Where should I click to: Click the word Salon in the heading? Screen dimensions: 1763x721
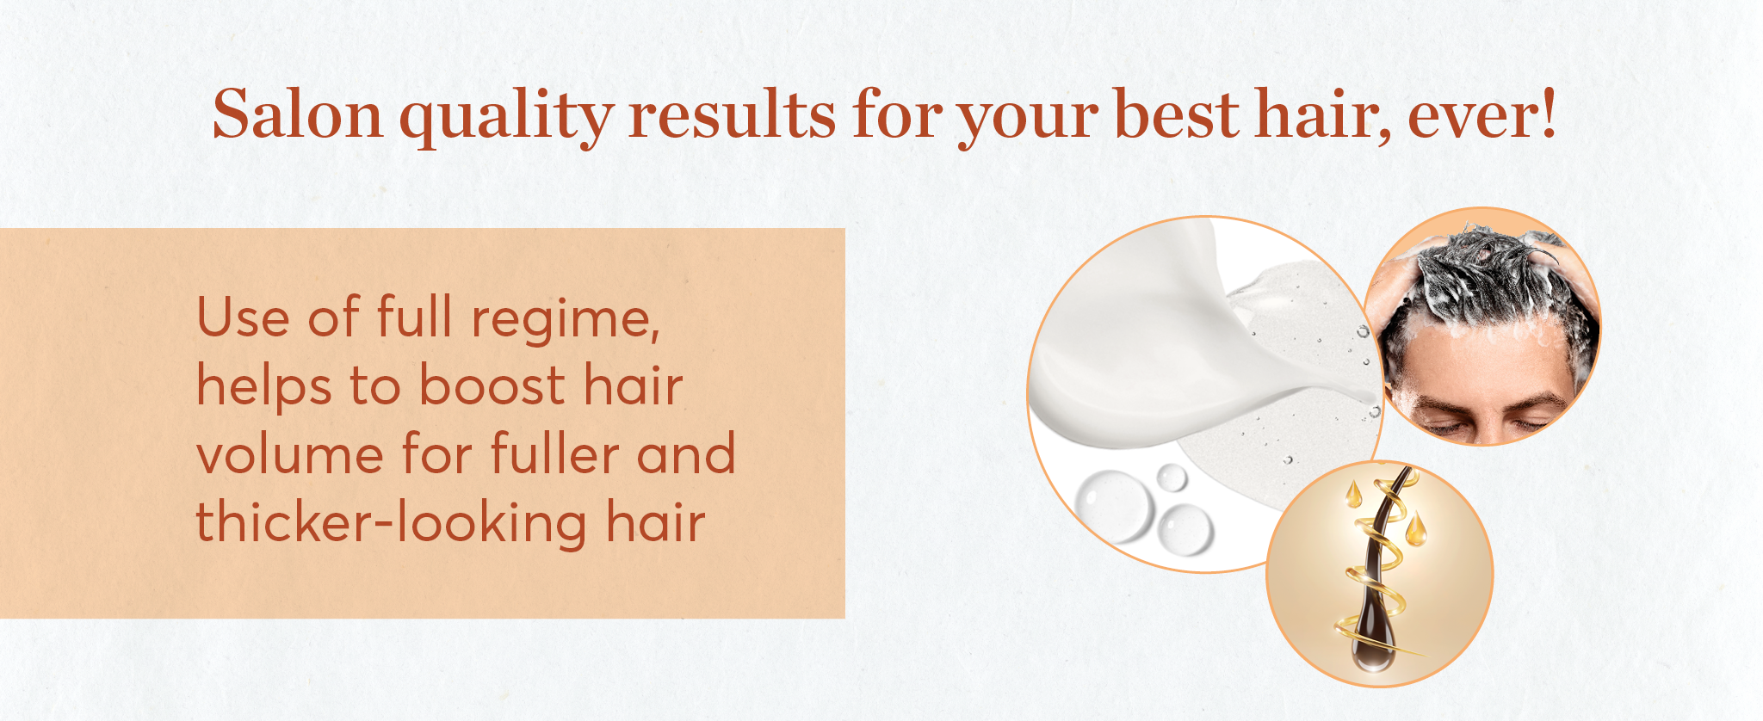(298, 114)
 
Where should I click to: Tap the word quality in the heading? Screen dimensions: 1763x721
(507, 118)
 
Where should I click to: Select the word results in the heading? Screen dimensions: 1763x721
(732, 115)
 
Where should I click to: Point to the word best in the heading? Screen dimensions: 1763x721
(1177, 115)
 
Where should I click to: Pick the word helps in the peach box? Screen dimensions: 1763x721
(264, 386)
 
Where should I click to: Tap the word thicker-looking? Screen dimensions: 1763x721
(392, 523)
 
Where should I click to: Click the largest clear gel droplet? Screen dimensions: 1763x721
(1113, 506)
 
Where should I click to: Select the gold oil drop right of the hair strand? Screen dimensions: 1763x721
(1416, 527)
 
